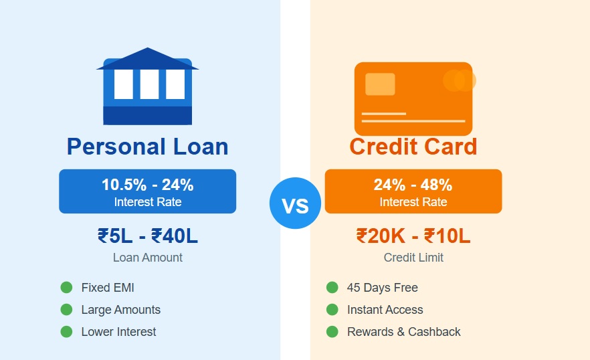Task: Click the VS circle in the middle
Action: coord(295,203)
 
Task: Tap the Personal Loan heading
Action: coord(147,147)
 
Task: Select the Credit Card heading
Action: coord(413,147)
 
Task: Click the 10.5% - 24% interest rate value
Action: coord(147,185)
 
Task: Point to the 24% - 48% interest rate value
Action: coord(413,185)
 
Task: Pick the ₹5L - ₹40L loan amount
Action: coord(147,236)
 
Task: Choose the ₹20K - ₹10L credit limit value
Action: coord(413,236)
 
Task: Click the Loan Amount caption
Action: coord(147,258)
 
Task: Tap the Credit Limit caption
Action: coord(413,258)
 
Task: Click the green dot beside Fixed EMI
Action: coord(66,288)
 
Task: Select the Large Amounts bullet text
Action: coord(120,310)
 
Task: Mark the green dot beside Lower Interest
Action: coord(66,332)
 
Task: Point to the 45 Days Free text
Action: coord(382,288)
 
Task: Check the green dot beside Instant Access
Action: coord(332,310)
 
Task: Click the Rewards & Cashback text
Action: coord(403,332)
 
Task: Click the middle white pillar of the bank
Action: coord(149,84)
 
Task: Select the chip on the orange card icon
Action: coord(380,84)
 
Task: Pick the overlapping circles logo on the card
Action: coord(459,80)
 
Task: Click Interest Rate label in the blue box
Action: coord(147,202)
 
